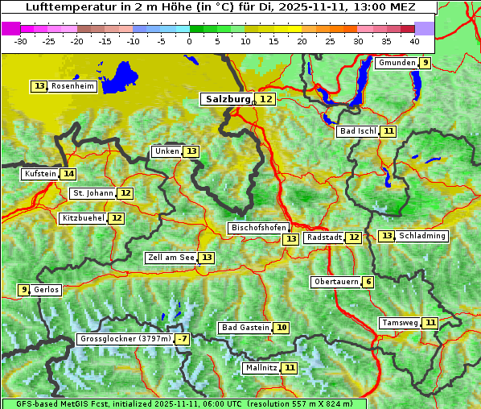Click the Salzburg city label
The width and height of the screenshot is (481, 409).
(228, 99)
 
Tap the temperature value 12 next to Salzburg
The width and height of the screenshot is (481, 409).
(265, 99)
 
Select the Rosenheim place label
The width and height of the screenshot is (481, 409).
(72, 86)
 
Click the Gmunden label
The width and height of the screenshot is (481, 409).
(397, 63)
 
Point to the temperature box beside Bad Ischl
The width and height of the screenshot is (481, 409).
(388, 131)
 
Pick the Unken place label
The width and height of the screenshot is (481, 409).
(166, 151)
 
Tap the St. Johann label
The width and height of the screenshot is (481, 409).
(92, 193)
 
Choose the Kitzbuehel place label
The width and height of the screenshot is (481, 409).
(83, 218)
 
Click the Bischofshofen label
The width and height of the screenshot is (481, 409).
(258, 228)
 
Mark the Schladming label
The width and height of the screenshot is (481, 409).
(422, 236)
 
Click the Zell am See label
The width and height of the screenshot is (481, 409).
(171, 258)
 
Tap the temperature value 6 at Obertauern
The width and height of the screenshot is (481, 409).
(368, 282)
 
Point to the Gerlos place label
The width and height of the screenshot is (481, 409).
(47, 290)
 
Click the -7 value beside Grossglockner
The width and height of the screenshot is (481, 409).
(183, 340)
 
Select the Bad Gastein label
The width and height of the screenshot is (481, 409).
(245, 328)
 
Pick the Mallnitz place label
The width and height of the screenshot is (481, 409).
(261, 368)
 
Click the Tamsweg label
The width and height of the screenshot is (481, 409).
(400, 323)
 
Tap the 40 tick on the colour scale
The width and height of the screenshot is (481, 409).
(414, 41)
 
